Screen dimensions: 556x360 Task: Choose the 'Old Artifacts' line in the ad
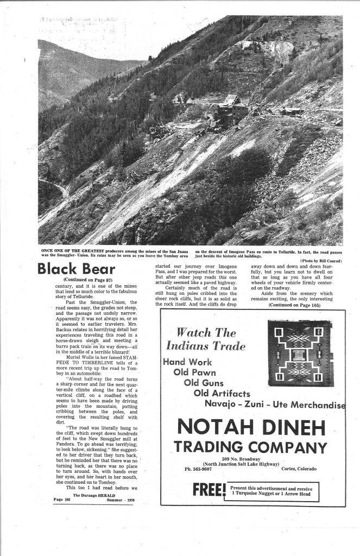[223, 393]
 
